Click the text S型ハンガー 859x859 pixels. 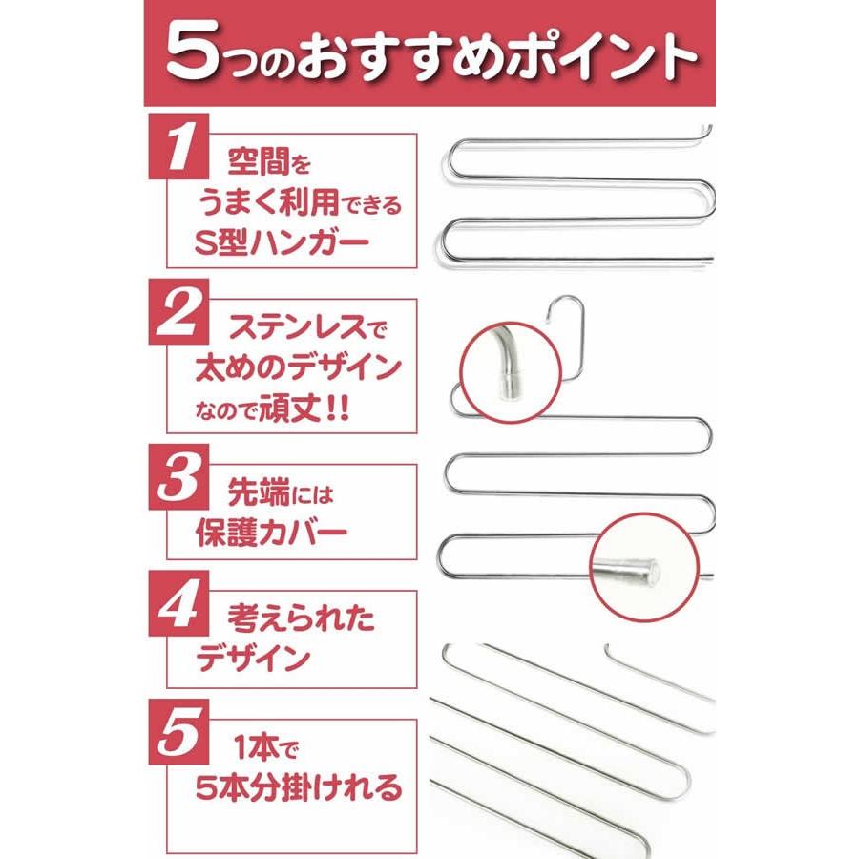coord(284,242)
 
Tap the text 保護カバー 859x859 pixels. coord(271,532)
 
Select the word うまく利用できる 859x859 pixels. coord(298,202)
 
